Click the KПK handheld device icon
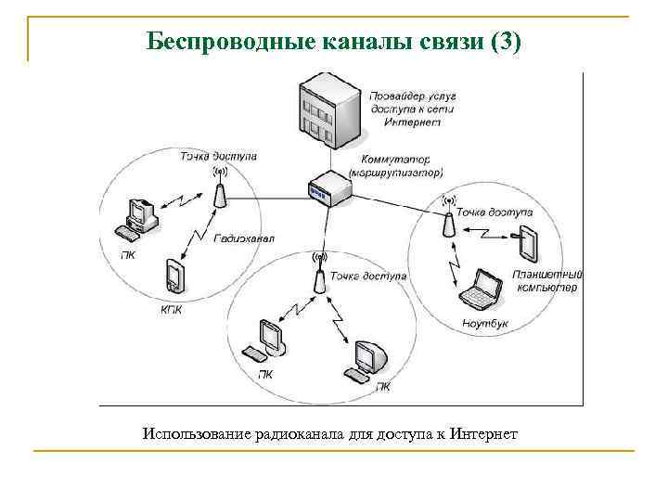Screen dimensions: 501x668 coord(173,276)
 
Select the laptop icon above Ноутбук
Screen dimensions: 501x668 coord(482,289)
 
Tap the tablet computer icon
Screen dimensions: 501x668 coord(528,242)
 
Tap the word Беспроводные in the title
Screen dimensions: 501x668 coord(229,42)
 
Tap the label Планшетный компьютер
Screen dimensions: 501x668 coord(546,281)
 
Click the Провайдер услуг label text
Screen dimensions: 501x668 coord(409,96)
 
